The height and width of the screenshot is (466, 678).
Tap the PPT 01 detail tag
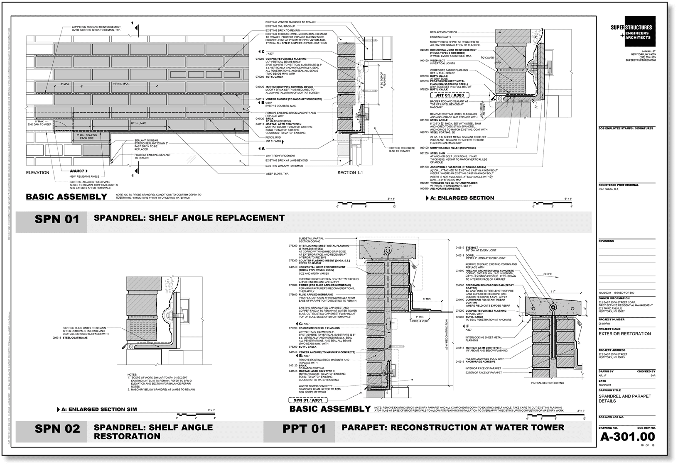[x=305, y=429]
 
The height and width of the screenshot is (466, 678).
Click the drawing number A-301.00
[x=627, y=437]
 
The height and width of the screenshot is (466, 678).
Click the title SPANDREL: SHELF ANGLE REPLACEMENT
[x=189, y=217]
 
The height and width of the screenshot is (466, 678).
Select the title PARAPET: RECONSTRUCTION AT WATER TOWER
[x=453, y=427]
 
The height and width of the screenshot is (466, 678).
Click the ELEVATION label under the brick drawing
[x=37, y=173]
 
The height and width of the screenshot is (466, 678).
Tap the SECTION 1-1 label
[x=350, y=173]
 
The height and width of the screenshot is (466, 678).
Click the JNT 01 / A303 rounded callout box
[x=450, y=95]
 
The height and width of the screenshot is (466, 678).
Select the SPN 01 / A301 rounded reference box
[x=307, y=400]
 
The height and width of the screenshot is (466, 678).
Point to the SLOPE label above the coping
[x=548, y=274]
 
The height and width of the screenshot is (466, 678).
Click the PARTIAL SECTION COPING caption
[x=548, y=383]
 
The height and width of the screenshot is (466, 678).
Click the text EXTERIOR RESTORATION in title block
[x=624, y=334]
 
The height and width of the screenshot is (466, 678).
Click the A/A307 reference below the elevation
[x=78, y=171]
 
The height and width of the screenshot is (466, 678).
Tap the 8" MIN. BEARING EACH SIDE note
[x=85, y=137]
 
